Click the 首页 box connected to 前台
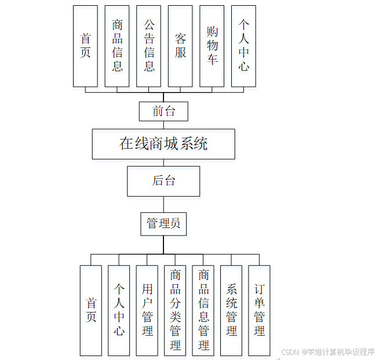[85, 46]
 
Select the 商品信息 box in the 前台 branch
[117, 46]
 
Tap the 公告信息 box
[149, 46]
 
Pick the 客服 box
[180, 46]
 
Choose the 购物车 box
[212, 46]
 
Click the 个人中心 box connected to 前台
[243, 46]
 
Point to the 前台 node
[164, 111]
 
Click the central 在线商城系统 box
[163, 144]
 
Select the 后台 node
[163, 181]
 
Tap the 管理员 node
[163, 223]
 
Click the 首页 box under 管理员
[91, 310]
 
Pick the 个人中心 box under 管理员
[119, 310]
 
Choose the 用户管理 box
[147, 310]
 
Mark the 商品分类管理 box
[175, 310]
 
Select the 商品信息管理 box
[203, 310]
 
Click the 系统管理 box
[231, 310]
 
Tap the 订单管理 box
[259, 310]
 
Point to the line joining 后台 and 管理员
[163, 204]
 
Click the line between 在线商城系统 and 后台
[163, 163]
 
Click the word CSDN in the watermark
[289, 352]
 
